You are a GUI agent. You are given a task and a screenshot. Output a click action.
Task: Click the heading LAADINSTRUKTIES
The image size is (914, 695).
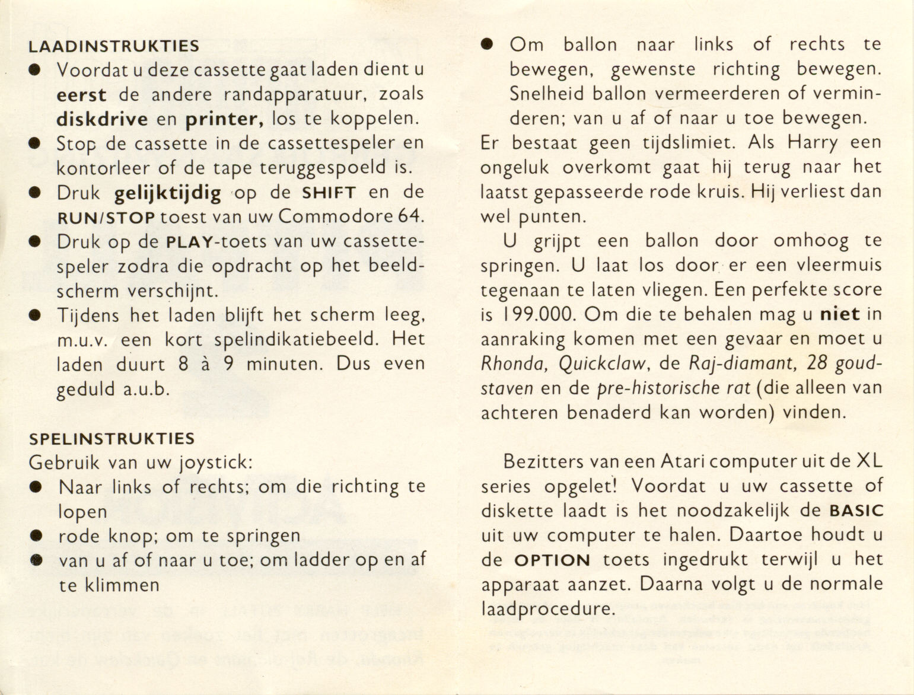coord(114,46)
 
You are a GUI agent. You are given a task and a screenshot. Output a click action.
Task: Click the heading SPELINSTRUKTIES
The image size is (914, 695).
coord(112,439)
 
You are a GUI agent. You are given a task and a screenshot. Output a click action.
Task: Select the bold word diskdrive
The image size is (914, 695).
coord(102,119)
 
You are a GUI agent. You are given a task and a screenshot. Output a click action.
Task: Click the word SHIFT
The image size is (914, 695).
coord(329,193)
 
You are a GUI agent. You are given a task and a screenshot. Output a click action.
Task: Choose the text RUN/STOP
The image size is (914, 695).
coord(106,218)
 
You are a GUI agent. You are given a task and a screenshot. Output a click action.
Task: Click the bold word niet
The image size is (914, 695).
coord(840,314)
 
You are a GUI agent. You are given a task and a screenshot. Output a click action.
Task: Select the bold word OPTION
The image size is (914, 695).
coord(552,560)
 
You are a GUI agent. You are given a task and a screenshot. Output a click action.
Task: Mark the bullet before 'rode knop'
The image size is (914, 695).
coord(36,536)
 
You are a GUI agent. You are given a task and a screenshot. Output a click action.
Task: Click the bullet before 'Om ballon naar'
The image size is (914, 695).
coord(487,44)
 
